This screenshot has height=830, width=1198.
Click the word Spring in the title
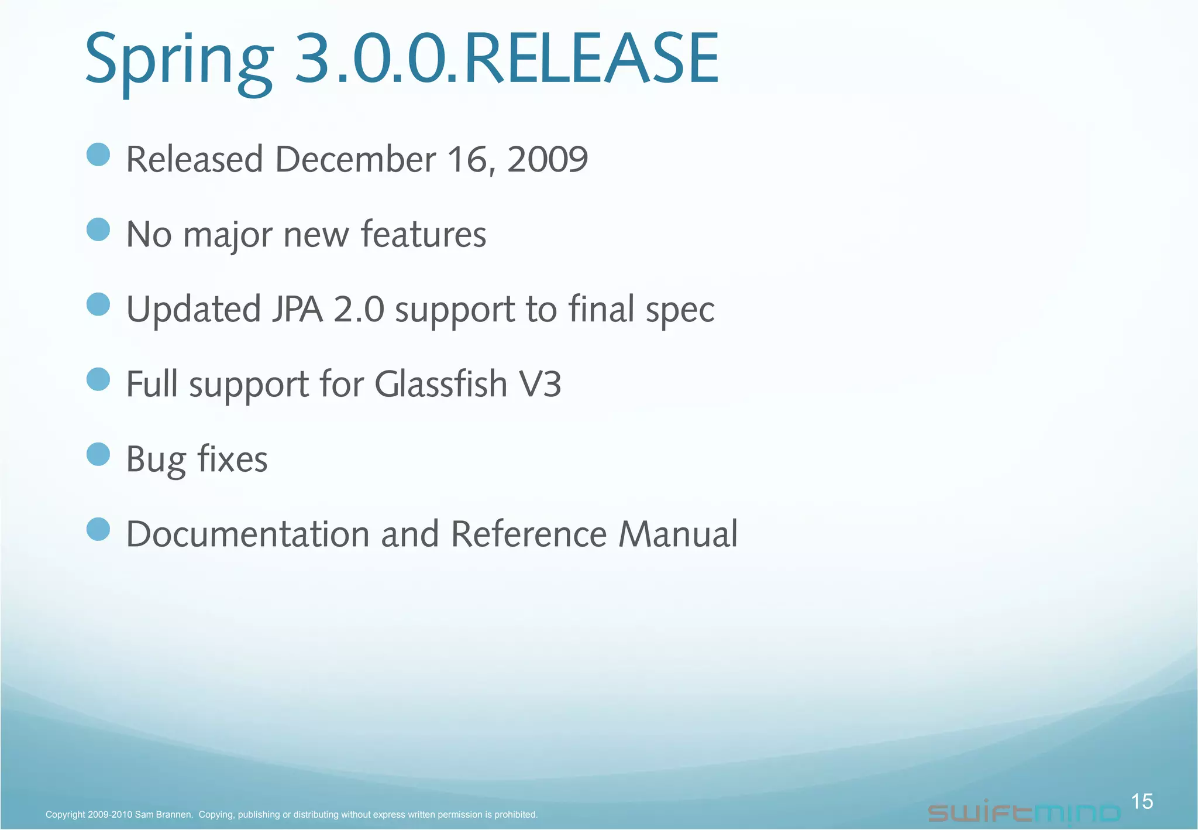click(178, 60)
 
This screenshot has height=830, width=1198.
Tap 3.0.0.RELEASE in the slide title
click(506, 59)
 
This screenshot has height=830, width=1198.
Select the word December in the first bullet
click(355, 159)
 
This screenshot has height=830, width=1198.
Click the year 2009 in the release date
click(547, 159)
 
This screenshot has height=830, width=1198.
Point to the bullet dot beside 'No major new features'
click(98, 229)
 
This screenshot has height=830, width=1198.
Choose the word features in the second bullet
click(423, 234)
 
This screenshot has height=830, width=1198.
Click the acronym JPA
click(297, 309)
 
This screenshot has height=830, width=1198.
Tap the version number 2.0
click(359, 309)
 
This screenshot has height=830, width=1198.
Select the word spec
click(680, 310)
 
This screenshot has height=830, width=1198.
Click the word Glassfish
click(440, 384)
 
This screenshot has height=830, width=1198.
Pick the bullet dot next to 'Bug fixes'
click(98, 454)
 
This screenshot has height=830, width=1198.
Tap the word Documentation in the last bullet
click(247, 534)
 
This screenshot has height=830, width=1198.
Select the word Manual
click(678, 534)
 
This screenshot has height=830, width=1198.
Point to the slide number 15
click(1142, 801)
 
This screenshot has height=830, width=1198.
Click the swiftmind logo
click(1024, 812)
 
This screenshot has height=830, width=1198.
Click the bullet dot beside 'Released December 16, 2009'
click(98, 155)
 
